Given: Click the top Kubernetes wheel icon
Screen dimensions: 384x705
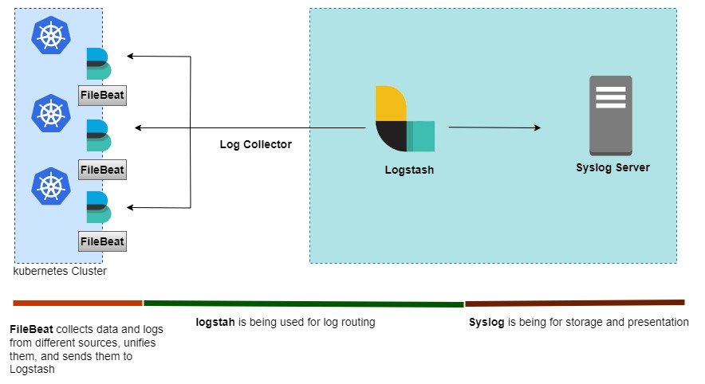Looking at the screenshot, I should click(50, 35).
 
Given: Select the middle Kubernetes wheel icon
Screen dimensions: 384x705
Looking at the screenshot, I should click(50, 112).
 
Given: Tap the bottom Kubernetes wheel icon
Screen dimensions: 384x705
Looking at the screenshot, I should click(50, 186).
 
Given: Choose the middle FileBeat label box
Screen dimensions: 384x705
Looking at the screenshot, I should click(103, 169).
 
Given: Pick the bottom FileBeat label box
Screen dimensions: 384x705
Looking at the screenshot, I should click(103, 241).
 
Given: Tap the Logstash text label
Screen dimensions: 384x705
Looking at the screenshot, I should click(409, 170).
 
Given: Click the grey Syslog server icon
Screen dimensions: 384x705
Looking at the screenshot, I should click(610, 116).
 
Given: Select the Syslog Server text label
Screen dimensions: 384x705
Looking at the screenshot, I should click(612, 168).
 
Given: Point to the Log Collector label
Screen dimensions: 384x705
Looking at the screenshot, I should click(255, 145).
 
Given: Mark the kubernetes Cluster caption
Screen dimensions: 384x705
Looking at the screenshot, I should click(60, 272).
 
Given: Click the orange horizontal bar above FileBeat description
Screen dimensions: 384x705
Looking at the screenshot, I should click(77, 304).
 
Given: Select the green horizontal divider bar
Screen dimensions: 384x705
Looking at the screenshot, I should click(303, 304).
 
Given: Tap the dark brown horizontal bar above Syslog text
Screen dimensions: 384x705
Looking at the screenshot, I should click(574, 303).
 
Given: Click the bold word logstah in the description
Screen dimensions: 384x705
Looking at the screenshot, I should click(215, 323).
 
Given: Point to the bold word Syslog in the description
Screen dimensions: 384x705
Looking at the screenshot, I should click(486, 323).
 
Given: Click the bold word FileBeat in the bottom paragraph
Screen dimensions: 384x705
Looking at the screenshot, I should click(32, 330).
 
